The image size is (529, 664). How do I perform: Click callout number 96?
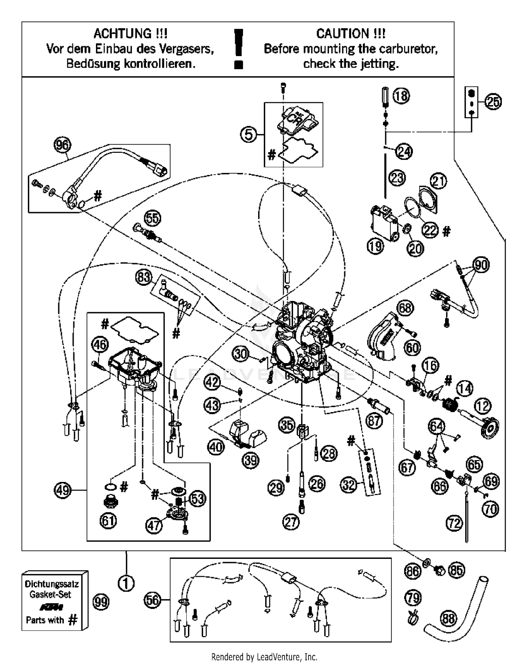(x=62, y=145)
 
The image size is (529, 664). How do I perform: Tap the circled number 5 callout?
(x=249, y=134)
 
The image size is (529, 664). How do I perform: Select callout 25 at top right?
(x=493, y=102)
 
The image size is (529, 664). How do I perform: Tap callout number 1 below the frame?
(x=126, y=583)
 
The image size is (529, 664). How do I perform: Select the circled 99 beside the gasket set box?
(x=101, y=602)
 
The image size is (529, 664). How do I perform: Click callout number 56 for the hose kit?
(x=153, y=600)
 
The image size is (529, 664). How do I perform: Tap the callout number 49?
(x=62, y=490)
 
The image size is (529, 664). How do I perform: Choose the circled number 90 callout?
(x=481, y=265)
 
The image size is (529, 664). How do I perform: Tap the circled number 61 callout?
(x=108, y=521)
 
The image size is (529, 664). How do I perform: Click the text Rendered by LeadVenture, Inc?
(x=264, y=657)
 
